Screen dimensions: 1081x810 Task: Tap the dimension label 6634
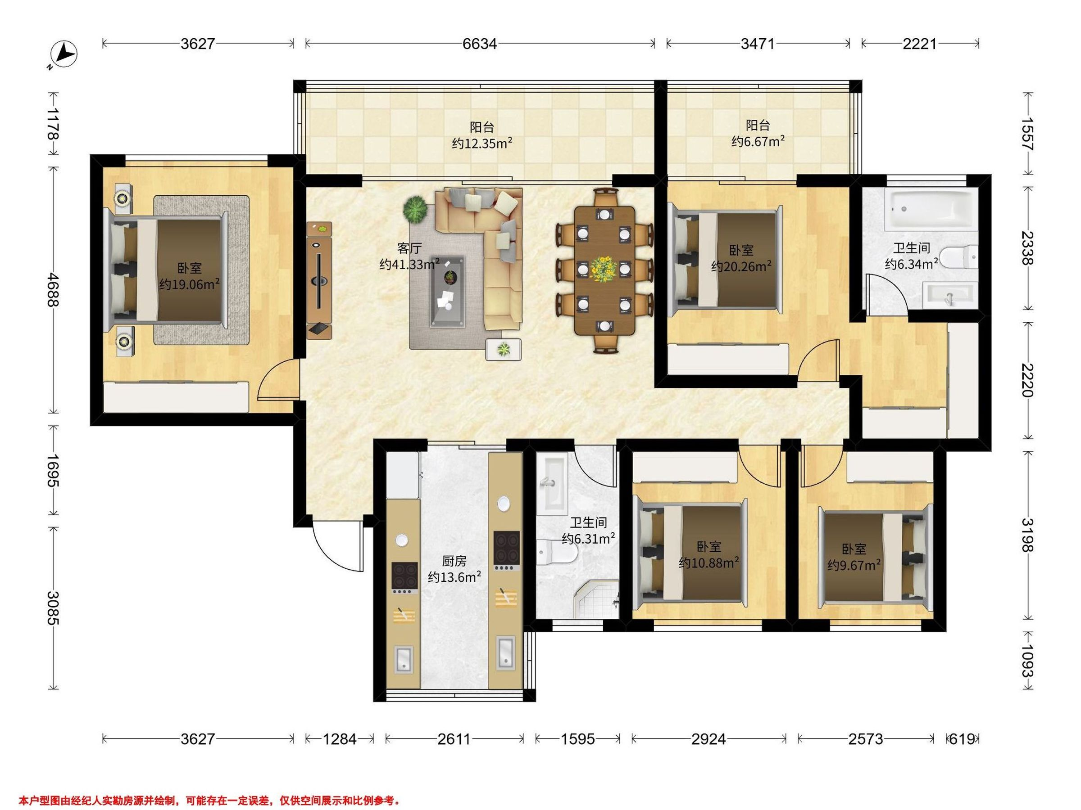tap(479, 44)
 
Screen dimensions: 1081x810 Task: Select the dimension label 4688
tap(53, 289)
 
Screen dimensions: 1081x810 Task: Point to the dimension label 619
tap(962, 739)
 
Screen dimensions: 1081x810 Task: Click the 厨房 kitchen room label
tap(454, 561)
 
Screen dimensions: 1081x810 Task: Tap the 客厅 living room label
tap(409, 248)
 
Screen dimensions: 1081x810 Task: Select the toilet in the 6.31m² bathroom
tap(557, 552)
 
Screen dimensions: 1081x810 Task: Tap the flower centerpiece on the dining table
tap(604, 268)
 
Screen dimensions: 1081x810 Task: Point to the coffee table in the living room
tap(447, 291)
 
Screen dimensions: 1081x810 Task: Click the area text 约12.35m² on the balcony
tap(481, 144)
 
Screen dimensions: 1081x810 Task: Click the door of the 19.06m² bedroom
tap(278, 379)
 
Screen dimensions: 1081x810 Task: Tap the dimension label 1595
tap(577, 739)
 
